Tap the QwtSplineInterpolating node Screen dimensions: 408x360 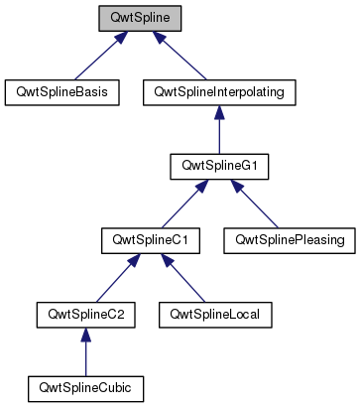tap(214, 92)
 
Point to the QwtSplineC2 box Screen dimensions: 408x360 tap(85, 315)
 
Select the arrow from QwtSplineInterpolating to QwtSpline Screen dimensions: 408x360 tap(180, 58)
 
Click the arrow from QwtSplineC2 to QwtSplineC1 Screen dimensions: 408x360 tap(118, 279)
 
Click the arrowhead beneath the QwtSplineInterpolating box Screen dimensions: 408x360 tap(214, 112)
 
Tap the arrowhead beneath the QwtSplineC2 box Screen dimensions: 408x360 tap(85, 335)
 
